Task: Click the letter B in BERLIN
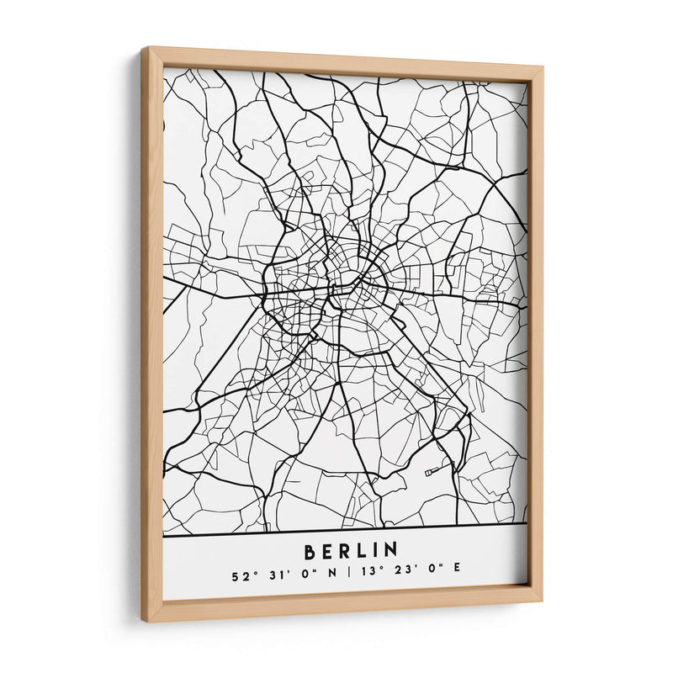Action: point(310,551)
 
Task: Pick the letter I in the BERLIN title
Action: point(376,551)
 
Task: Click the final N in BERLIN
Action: point(391,551)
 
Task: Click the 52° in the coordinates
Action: point(241,577)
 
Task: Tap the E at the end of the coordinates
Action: point(458,577)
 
